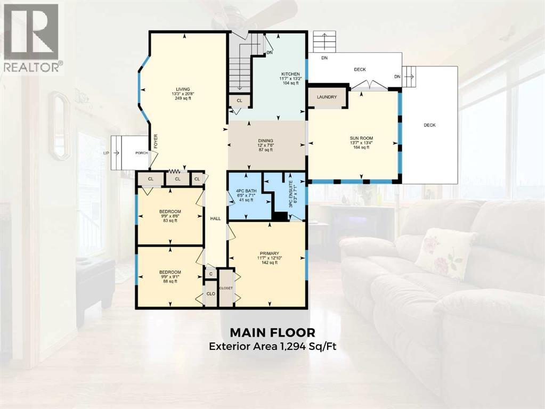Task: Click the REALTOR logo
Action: coord(32,37)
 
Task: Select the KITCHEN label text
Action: coord(291,74)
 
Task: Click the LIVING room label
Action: coord(183,89)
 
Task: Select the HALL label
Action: coord(215,219)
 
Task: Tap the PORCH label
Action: coord(142,153)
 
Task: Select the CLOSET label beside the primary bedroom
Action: coord(226,288)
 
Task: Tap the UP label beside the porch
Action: coord(105,153)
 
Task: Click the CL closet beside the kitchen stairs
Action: coord(239,100)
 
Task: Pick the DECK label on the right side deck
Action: coord(429,125)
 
